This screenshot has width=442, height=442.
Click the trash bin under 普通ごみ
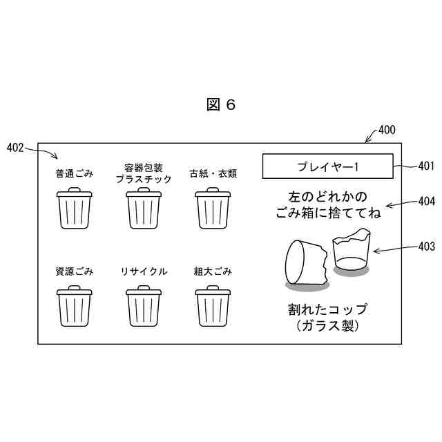[x=74, y=209]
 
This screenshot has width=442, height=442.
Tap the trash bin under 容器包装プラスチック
[x=144, y=209]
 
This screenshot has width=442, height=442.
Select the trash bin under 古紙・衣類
[x=213, y=209]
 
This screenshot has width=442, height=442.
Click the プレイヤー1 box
[x=327, y=166]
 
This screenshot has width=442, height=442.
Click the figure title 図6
[x=221, y=104]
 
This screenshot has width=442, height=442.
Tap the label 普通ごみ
[x=74, y=173]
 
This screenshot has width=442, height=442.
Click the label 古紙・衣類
[x=213, y=173]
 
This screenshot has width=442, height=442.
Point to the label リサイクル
[x=144, y=271]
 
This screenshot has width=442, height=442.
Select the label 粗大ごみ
[x=213, y=271]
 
